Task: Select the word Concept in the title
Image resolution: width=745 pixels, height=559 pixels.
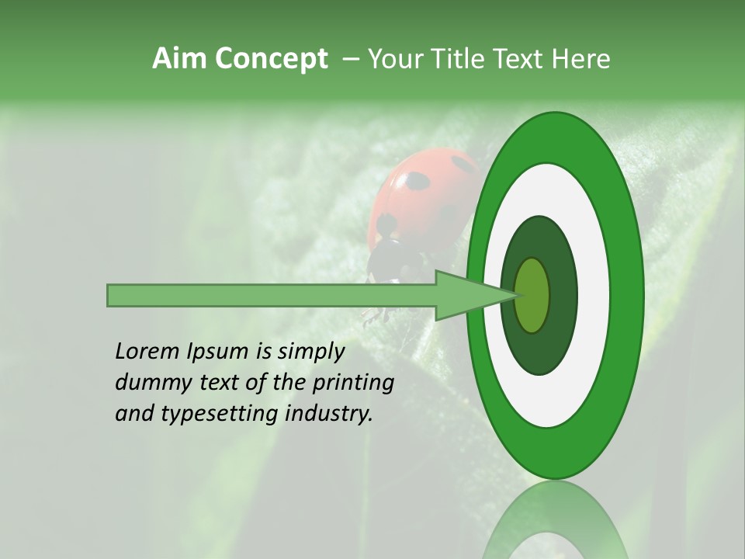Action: (272, 59)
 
